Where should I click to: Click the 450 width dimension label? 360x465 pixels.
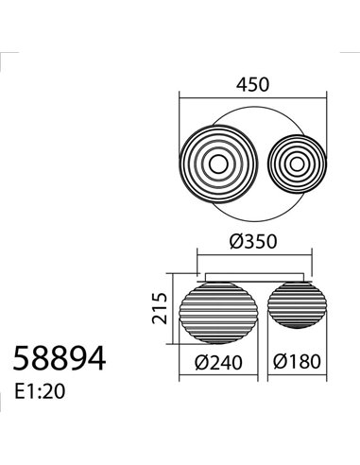(252, 83)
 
